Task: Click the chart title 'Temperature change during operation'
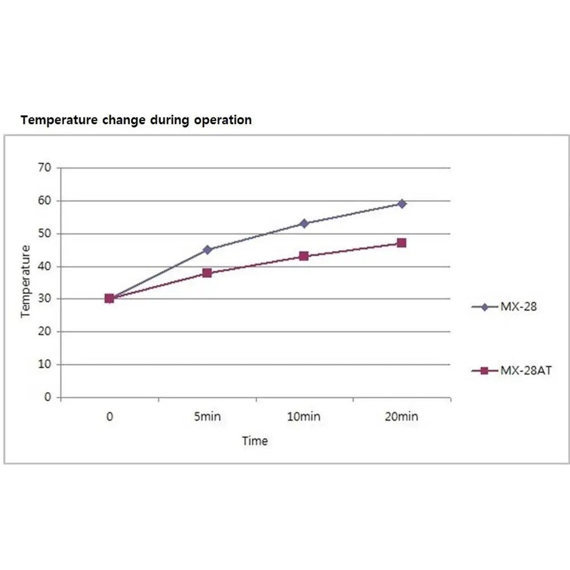[136, 120]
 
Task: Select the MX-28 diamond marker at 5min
[207, 249]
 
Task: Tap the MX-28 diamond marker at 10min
[304, 223]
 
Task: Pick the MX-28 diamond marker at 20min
[402, 203]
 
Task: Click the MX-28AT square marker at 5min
[207, 272]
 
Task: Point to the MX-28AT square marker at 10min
[304, 256]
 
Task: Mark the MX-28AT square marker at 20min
[402, 243]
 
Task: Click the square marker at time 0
[109, 298]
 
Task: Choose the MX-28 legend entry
[504, 307]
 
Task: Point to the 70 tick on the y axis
[46, 168]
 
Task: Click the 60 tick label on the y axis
[46, 201]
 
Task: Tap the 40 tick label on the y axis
[46, 266]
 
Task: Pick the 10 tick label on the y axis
[46, 364]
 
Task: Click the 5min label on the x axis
[207, 417]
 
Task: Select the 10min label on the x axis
[304, 417]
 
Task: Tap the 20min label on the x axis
[401, 417]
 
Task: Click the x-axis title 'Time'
[255, 441]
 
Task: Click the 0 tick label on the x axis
[109, 417]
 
